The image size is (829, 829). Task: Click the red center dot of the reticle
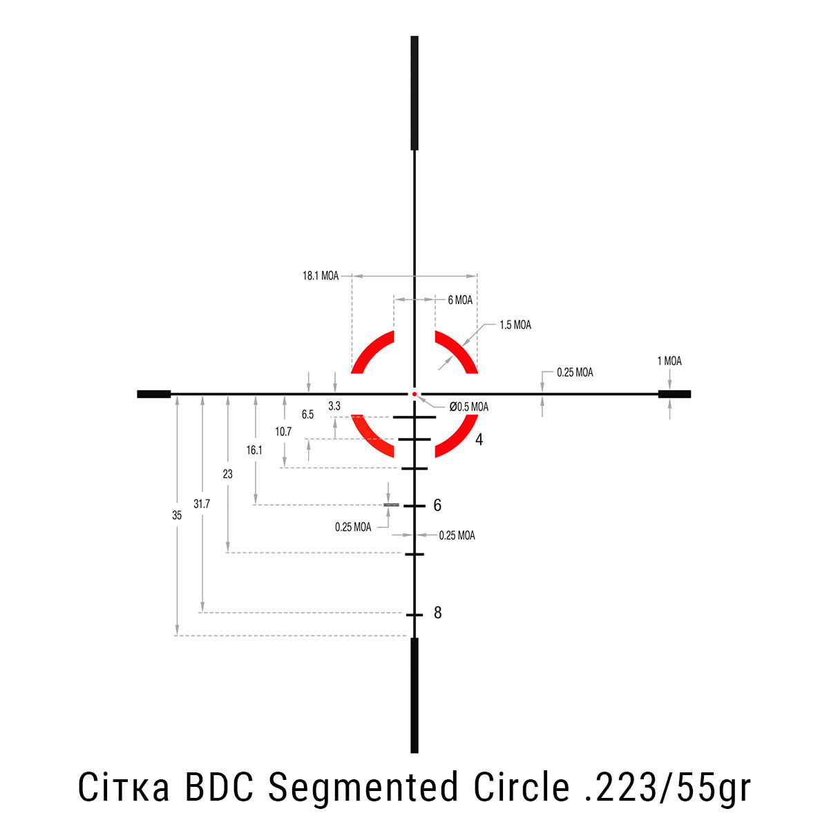(414, 394)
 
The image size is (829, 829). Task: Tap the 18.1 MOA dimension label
(321, 276)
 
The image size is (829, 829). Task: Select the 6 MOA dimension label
(460, 300)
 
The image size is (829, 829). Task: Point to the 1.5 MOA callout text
(515, 325)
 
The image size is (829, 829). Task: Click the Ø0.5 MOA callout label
(469, 406)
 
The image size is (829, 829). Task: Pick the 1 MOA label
(669, 361)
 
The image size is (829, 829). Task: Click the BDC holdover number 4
(479, 439)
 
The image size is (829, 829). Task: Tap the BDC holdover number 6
(437, 505)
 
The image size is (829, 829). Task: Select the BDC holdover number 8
(438, 613)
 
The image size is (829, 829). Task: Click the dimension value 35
(177, 515)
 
